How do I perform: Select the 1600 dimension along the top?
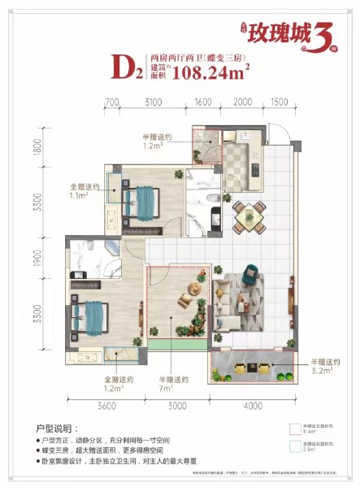204,102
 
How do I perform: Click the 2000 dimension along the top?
242,102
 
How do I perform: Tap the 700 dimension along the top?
112,102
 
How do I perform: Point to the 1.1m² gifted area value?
85,195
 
